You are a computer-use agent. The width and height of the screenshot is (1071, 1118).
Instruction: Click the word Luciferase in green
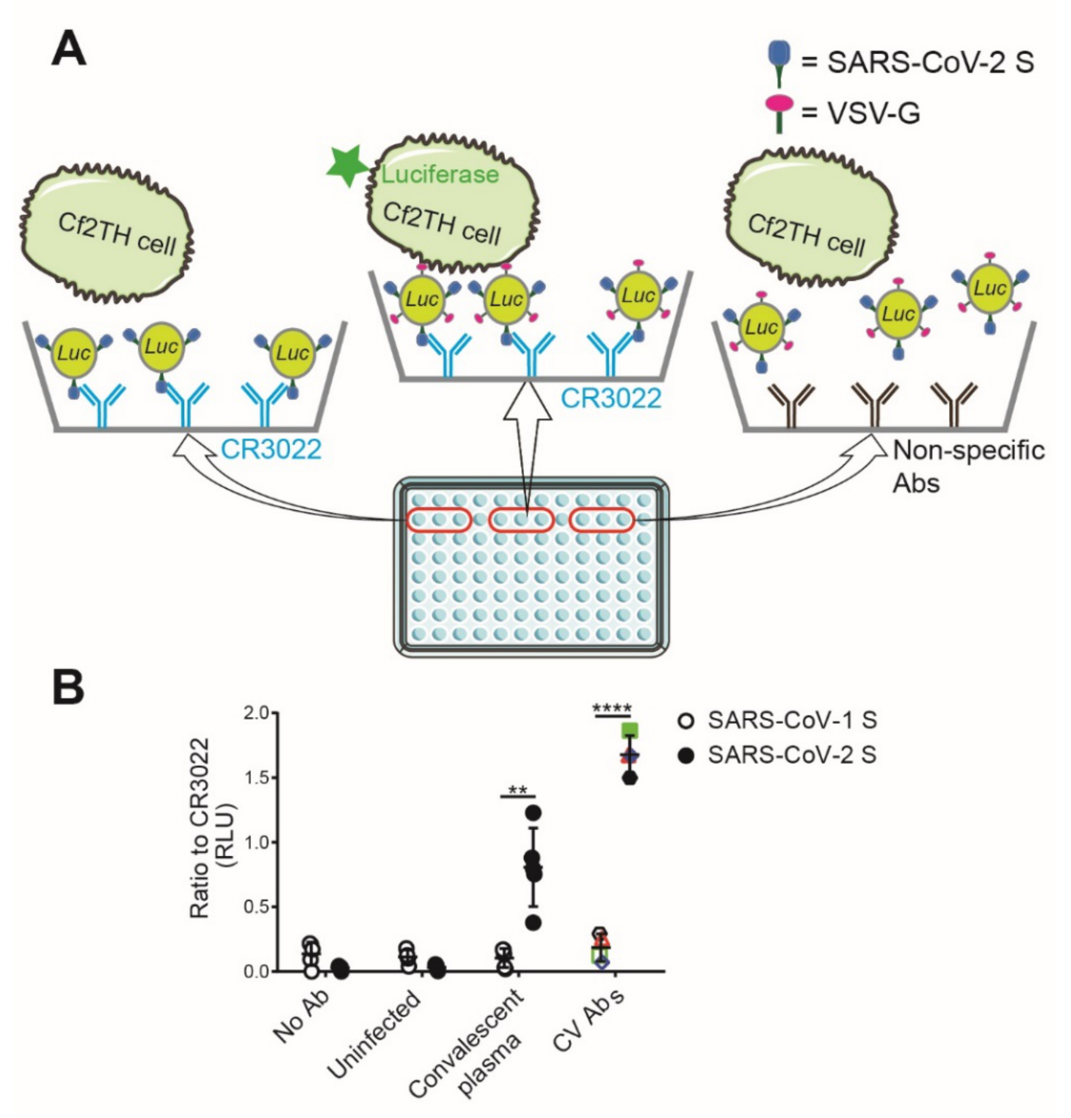[440, 174]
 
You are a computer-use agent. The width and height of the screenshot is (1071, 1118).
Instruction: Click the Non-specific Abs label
[968, 466]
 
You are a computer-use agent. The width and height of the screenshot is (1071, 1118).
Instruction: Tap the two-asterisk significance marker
[518, 791]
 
